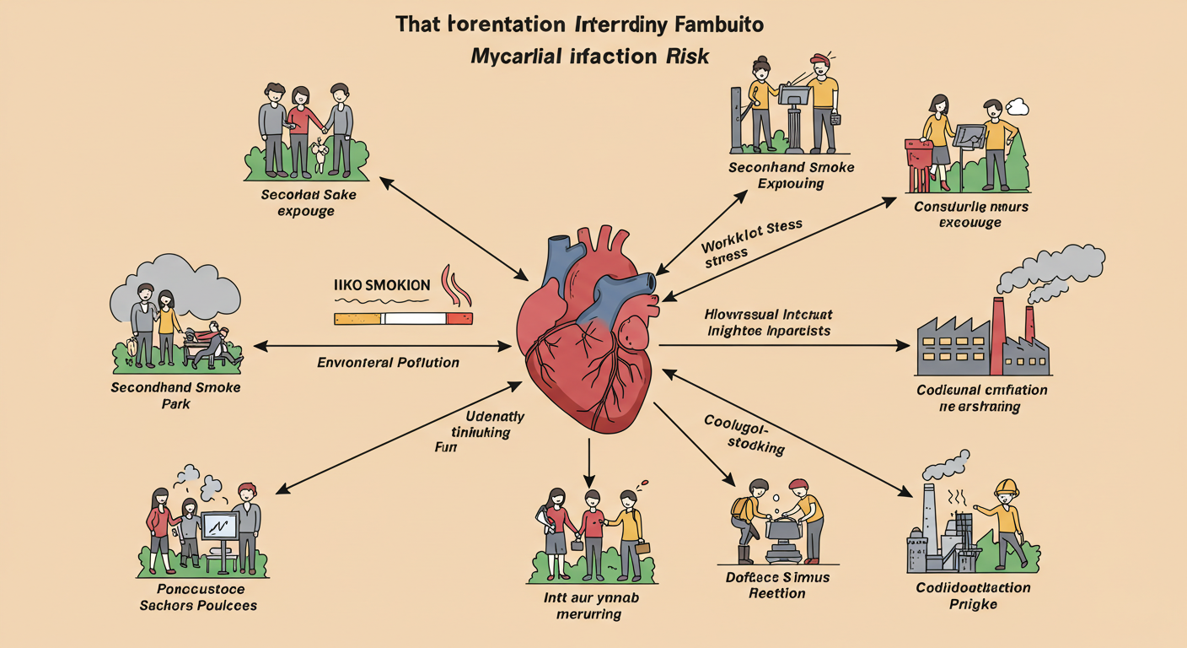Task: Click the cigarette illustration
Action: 403,318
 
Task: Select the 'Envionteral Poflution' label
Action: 388,363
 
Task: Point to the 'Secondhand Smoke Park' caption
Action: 175,395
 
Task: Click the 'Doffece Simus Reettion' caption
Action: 776,585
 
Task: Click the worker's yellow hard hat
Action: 1007,487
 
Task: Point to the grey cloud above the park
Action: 177,287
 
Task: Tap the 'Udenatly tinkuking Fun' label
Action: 493,432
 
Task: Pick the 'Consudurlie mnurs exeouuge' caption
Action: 970,214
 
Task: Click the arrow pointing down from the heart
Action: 589,460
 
